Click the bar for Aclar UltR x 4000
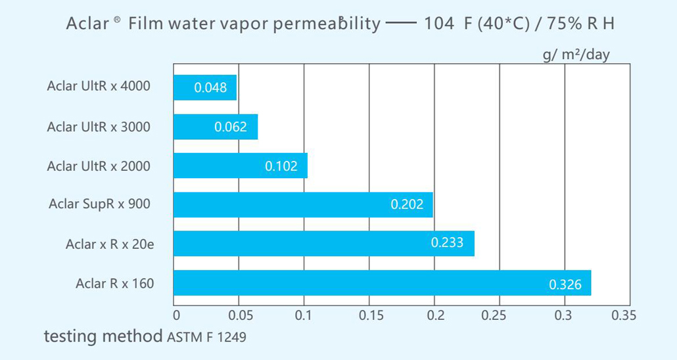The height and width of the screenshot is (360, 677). (x=204, y=87)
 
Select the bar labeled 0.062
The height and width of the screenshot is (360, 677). (x=215, y=127)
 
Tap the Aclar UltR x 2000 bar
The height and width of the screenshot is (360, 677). (x=240, y=166)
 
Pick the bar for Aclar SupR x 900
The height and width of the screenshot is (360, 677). (x=302, y=204)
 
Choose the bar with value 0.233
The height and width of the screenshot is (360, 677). (x=323, y=244)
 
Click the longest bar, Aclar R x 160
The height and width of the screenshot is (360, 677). (x=381, y=283)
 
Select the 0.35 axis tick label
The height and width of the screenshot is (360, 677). (x=624, y=316)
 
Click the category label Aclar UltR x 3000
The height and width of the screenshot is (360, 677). (x=99, y=127)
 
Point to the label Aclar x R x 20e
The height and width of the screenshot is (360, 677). (x=110, y=244)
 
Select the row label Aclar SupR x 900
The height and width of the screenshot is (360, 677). (x=99, y=204)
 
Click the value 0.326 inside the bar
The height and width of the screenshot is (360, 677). (x=565, y=284)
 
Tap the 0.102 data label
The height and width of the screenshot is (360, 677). (x=281, y=167)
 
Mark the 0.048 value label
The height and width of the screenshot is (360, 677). (x=210, y=88)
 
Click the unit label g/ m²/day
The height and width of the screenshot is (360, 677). (x=576, y=55)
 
